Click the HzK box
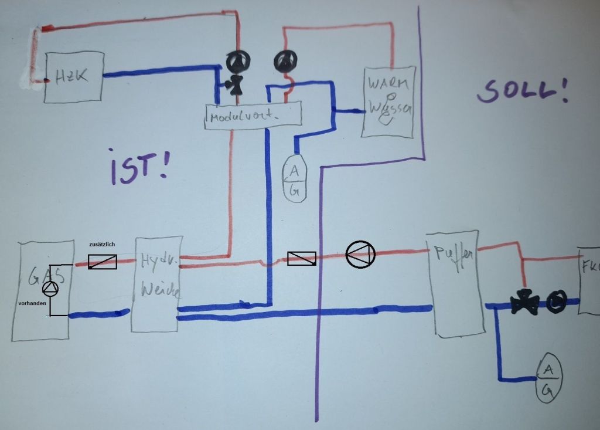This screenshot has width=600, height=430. tap(74, 77)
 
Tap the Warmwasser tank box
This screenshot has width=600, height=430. tap(388, 101)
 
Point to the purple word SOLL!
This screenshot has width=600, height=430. tap(522, 91)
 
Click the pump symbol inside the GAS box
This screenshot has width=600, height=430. tap(51, 288)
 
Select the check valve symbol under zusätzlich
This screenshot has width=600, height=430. tap(103, 262)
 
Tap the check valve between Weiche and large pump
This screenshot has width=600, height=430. tap(302, 259)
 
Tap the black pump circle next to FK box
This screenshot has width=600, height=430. tap(556, 302)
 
